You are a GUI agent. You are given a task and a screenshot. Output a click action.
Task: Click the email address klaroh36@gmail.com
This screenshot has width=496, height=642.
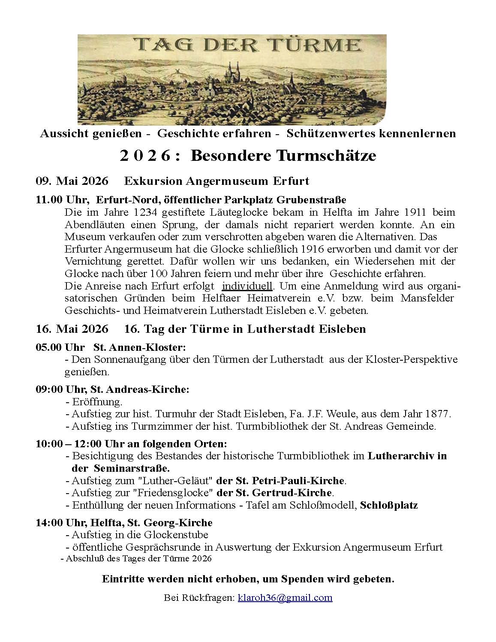285,597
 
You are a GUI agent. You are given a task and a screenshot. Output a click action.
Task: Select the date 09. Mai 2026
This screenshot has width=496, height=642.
72,181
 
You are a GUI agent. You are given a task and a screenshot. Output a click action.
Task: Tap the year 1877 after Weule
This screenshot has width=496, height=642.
438,414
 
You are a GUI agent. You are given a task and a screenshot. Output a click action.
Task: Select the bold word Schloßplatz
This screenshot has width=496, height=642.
389,505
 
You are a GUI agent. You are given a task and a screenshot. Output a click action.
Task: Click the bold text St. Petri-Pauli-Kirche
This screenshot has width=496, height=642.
281,480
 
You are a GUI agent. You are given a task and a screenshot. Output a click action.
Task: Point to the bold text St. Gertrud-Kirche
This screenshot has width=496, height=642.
275,493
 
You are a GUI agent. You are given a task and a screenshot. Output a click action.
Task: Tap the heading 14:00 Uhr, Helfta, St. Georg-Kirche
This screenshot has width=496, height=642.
124,523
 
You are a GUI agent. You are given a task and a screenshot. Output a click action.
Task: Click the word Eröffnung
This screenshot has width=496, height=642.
97,402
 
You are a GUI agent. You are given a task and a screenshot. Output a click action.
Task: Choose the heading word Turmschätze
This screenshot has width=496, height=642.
326,156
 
